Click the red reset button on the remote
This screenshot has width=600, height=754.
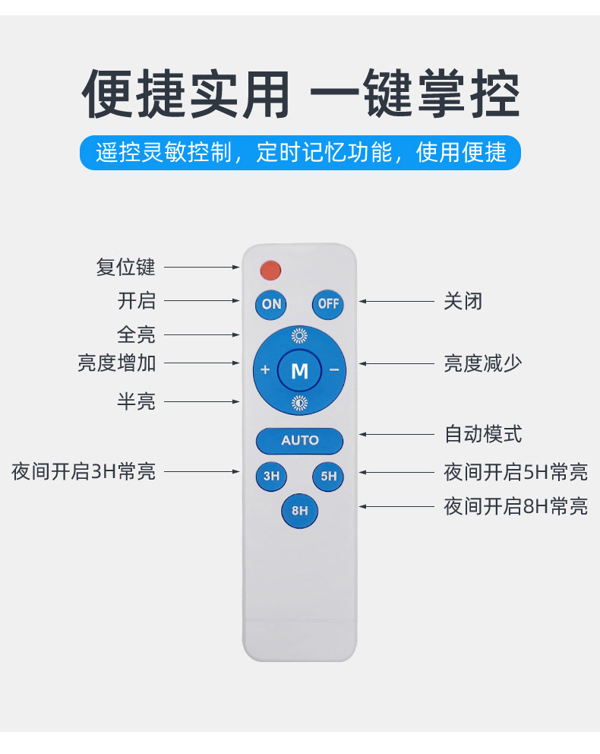tap(270, 269)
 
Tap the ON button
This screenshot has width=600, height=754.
tap(271, 304)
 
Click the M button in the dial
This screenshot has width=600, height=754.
tap(299, 371)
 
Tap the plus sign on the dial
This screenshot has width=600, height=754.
tap(265, 371)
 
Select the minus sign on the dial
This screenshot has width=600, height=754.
tap(334, 371)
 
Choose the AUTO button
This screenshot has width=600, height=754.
tap(300, 441)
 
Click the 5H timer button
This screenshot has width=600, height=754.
tap(328, 477)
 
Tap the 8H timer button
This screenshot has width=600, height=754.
tap(300, 511)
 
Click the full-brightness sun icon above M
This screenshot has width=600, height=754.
tap(299, 335)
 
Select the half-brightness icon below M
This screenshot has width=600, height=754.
tap(299, 404)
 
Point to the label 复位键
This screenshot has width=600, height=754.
tap(125, 268)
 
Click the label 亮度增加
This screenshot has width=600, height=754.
tap(117, 363)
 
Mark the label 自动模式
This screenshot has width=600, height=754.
tap(483, 435)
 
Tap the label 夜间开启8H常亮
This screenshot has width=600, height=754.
tap(516, 506)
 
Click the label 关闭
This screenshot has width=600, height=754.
tap(463, 301)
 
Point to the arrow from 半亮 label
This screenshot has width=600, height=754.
tap(201, 401)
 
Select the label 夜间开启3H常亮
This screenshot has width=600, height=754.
tap(84, 471)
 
